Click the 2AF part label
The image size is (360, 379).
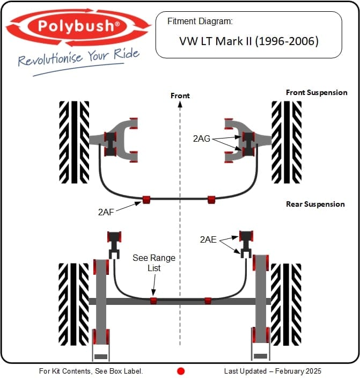click(107, 212)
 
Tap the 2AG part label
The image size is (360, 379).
click(201, 138)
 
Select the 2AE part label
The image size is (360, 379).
click(208, 239)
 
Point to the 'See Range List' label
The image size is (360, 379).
click(154, 263)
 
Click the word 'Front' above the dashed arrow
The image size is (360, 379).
click(180, 96)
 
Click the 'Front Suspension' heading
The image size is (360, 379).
click(317, 92)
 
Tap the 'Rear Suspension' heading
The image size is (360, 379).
click(315, 204)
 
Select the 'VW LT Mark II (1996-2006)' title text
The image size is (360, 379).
click(248, 41)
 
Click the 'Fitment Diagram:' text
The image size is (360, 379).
click(200, 22)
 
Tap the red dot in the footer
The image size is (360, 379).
click(181, 371)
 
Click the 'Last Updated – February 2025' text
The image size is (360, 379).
click(273, 371)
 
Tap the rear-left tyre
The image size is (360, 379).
click(74, 303)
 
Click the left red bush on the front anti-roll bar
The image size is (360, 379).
click(146, 200)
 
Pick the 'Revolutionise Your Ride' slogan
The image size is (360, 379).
click(79, 57)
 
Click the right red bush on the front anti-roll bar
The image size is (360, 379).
click(211, 200)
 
